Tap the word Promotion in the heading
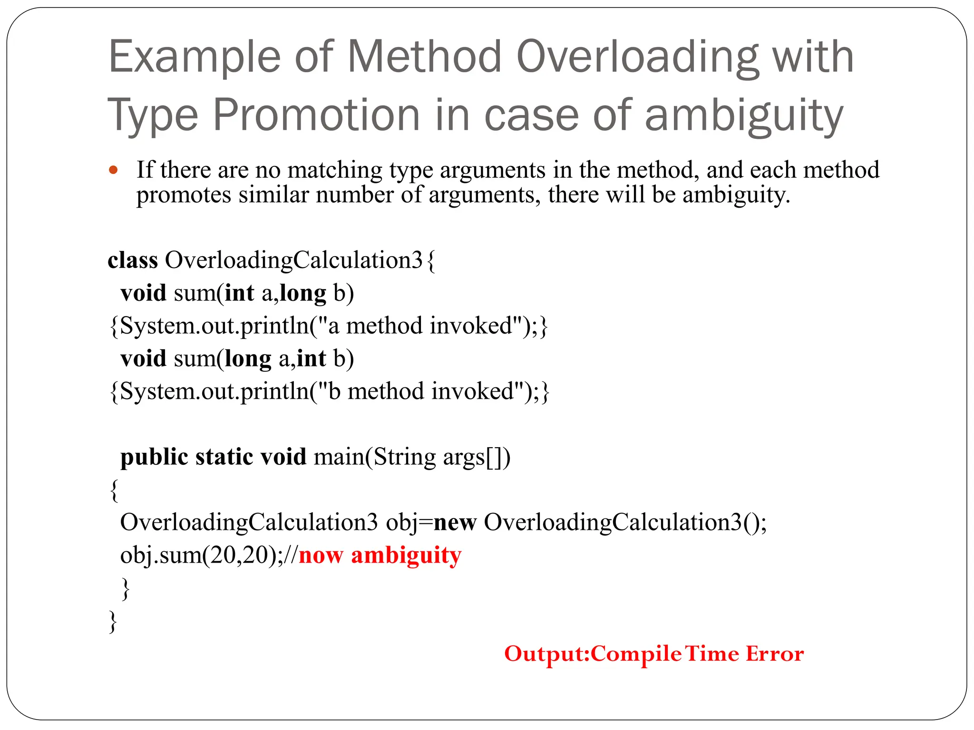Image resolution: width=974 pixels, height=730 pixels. click(316, 115)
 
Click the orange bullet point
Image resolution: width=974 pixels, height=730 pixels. click(113, 170)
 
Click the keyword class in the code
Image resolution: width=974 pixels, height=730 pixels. click(133, 260)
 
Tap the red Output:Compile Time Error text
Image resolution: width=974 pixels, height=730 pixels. click(654, 653)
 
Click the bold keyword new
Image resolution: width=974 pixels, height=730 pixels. click(455, 522)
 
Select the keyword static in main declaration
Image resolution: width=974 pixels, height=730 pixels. click(224, 457)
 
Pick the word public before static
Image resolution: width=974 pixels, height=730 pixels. click(154, 457)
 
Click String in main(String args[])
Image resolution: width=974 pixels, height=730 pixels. click(404, 457)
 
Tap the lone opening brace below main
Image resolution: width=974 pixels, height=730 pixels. click(114, 490)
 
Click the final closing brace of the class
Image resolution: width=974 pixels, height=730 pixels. click(113, 622)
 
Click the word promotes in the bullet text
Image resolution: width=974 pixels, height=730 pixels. click(184, 195)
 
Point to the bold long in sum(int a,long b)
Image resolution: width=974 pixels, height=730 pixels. click(303, 293)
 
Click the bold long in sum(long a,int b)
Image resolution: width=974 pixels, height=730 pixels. click(248, 359)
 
